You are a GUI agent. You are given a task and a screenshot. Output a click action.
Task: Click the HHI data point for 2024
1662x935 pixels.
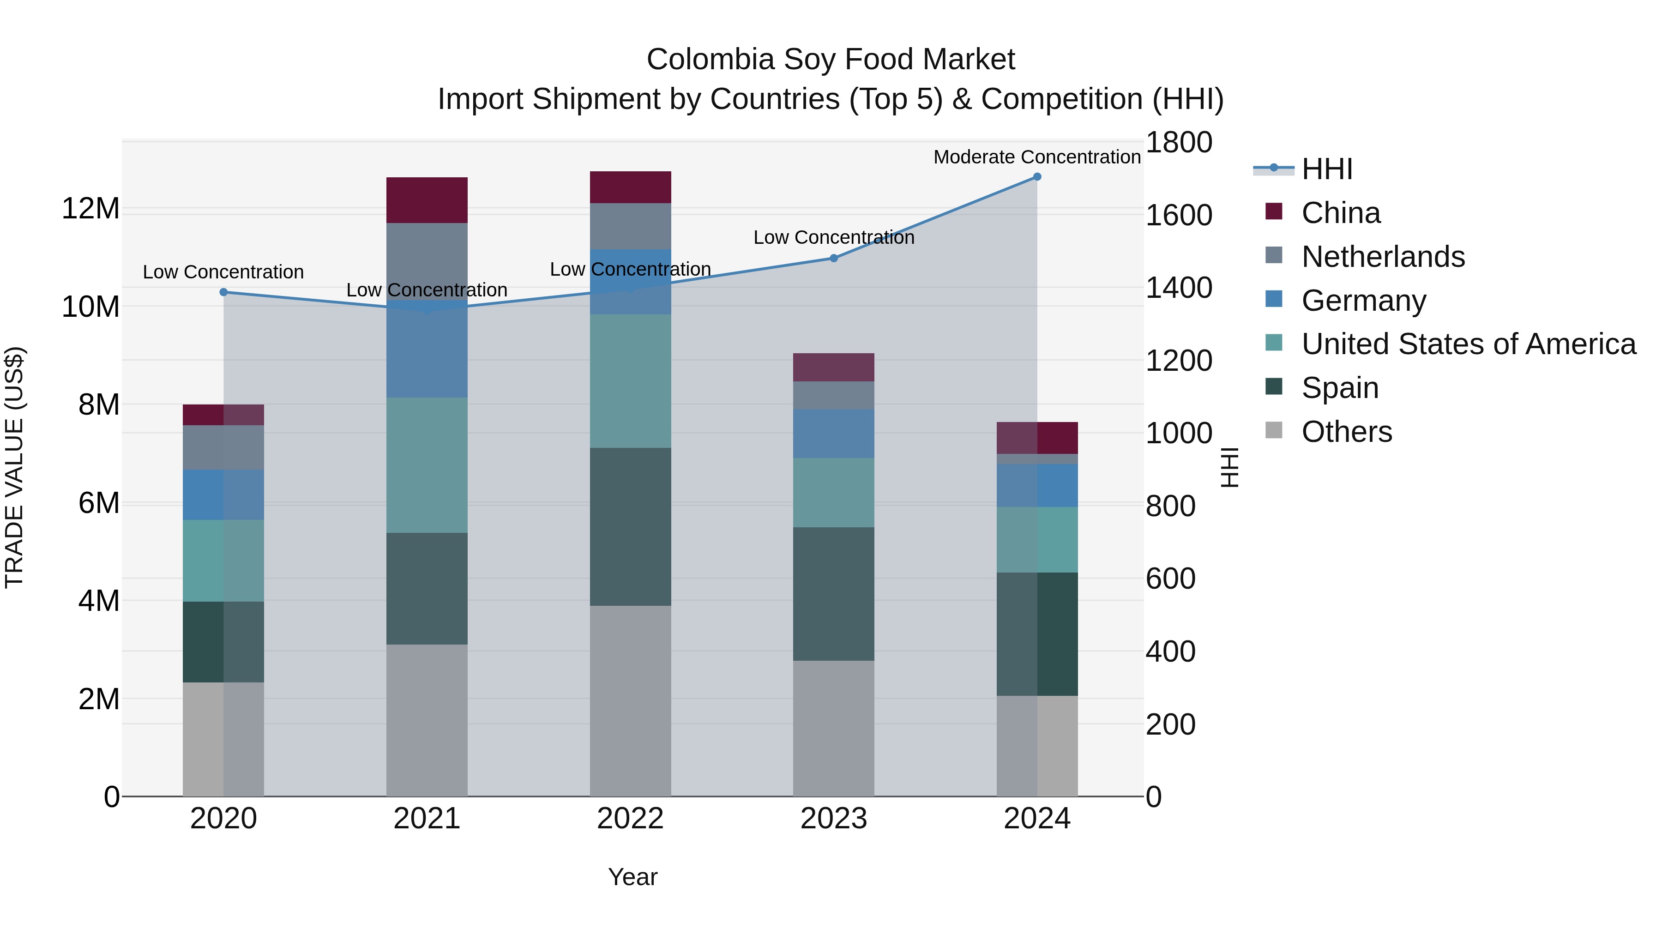[1037, 177]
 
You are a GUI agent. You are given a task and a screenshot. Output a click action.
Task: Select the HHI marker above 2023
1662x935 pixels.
[834, 258]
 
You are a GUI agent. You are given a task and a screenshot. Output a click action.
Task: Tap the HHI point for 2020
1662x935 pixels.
[224, 292]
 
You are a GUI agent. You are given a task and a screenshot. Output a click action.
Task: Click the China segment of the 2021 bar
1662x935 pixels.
[427, 200]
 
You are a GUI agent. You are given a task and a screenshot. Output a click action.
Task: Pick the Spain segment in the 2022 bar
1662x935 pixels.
[630, 526]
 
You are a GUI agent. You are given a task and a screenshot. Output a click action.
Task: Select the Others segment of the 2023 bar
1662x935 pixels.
[834, 728]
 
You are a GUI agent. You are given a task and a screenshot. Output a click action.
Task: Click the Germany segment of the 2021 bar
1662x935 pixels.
[427, 349]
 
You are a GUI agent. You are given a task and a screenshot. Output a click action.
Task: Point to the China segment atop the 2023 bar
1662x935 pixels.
[834, 367]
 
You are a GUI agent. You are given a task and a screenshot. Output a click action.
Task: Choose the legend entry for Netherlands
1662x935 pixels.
[1383, 257]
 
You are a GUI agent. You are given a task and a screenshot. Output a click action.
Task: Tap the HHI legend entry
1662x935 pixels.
[1326, 169]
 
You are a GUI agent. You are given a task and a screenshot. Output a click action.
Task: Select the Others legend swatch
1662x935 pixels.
[1274, 430]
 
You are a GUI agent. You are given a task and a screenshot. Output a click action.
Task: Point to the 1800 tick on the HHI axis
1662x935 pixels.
[1178, 143]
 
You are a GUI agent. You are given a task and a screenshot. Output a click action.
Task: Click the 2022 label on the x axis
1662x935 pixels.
[630, 819]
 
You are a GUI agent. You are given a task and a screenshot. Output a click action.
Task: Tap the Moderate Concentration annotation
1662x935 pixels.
[1037, 157]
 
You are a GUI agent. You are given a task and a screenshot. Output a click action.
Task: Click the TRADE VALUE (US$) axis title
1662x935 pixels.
[14, 467]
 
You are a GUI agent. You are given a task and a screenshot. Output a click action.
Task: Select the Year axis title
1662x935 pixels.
[632, 877]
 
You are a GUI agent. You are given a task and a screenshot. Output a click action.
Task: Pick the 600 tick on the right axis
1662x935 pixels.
[1170, 579]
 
